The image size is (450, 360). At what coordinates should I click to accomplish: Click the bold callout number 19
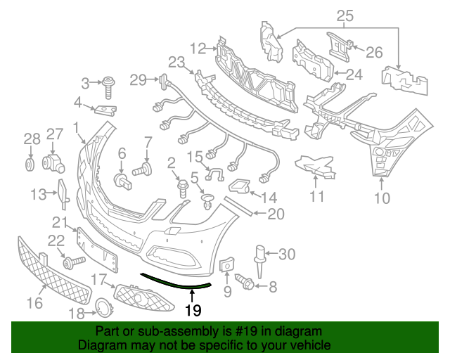click(x=193, y=309)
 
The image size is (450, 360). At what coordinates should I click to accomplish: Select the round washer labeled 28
click(x=30, y=165)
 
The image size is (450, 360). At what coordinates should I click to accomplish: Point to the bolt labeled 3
click(x=110, y=87)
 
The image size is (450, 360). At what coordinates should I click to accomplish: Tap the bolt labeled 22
click(x=72, y=262)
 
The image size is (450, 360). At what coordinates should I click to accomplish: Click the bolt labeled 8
click(x=247, y=283)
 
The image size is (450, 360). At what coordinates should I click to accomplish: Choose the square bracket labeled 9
click(x=227, y=266)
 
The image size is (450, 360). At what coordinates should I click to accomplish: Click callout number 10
click(x=380, y=198)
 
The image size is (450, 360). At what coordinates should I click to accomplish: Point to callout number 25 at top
click(x=345, y=15)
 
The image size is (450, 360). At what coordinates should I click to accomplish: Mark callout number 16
click(x=34, y=303)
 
